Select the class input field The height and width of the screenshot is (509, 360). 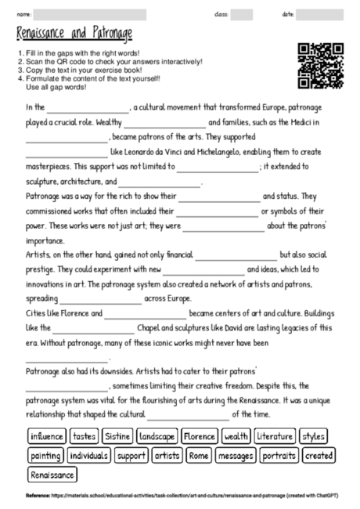pyautogui.click(x=242, y=14)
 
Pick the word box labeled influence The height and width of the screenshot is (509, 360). pyautogui.click(x=46, y=436)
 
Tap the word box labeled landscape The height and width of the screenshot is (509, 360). pyautogui.click(x=157, y=436)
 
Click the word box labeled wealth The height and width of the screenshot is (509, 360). pyautogui.click(x=236, y=436)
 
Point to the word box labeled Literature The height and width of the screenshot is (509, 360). pyautogui.click(x=274, y=436)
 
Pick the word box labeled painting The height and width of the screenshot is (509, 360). pyautogui.click(x=45, y=455)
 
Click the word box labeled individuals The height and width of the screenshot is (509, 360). pyautogui.click(x=89, y=455)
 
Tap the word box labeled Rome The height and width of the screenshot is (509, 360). pyautogui.click(x=199, y=455)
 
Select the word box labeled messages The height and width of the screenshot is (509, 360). pyautogui.click(x=236, y=455)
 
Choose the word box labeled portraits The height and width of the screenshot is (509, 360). pyautogui.click(x=279, y=455)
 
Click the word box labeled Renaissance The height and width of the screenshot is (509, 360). pyautogui.click(x=52, y=475)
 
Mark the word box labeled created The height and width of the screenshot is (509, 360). pyautogui.click(x=318, y=455)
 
